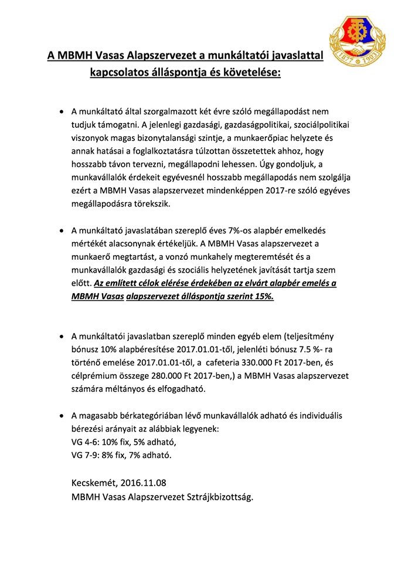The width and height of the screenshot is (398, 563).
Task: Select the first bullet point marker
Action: pos(62,111)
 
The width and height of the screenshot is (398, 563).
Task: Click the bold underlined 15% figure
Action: pos(262,296)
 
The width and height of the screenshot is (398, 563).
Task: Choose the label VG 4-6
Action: pos(86,442)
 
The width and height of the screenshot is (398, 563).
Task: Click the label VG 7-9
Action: pos(86,455)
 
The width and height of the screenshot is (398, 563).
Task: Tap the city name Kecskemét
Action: pos(93,483)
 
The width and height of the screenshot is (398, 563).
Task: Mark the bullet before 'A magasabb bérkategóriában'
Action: pos(62,415)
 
